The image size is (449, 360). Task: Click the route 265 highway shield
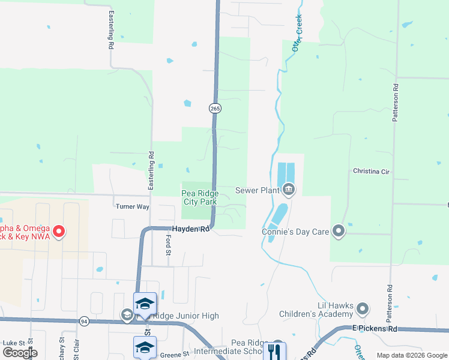pos(215,108)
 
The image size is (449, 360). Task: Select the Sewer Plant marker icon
pos(289,190)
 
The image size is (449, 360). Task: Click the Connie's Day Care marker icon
pos(339,231)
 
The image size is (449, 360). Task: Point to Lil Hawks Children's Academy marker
pos(362,310)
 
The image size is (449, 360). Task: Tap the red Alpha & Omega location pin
pos(58,231)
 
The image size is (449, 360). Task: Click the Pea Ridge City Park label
pos(200,197)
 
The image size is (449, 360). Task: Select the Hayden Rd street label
pos(191,229)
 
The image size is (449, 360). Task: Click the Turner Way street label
pos(132,206)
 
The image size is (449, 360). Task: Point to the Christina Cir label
pos(372,172)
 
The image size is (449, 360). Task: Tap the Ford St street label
pos(169,245)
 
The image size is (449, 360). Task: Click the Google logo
pos(20,353)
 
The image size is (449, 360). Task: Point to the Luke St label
pos(13,343)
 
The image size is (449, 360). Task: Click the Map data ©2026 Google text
pos(412,355)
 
